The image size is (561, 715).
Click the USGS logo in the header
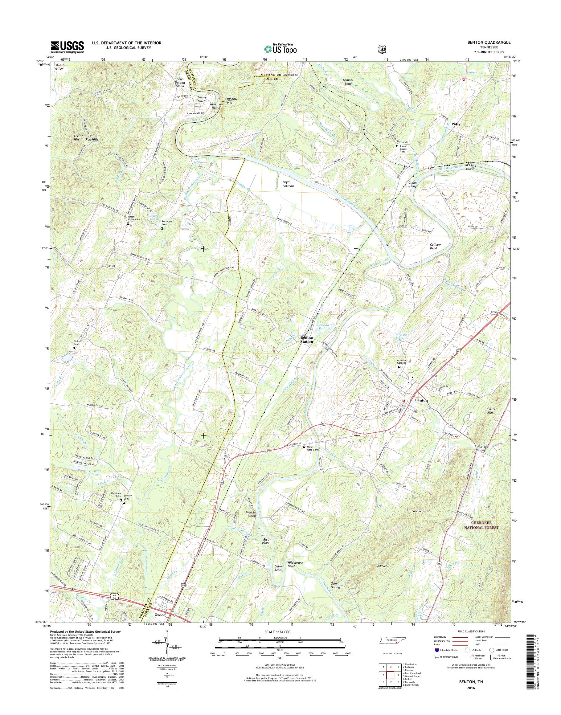coord(67,47)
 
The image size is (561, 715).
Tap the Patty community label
coord(456,125)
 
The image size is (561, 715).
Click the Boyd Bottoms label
coord(288,184)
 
